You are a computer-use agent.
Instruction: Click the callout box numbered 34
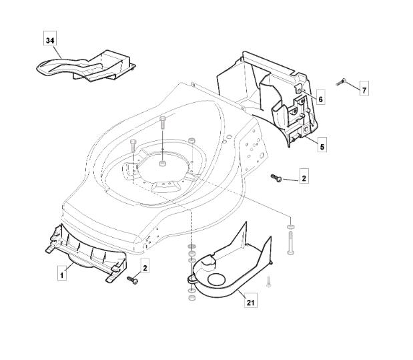[x=50, y=38]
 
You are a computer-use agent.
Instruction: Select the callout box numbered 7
[x=364, y=88]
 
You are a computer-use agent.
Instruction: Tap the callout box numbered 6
[x=320, y=97]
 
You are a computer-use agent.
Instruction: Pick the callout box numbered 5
[x=322, y=145]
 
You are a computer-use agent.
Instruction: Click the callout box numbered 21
[x=250, y=300]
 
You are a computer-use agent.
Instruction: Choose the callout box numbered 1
[x=62, y=273]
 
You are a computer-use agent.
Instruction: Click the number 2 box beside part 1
[x=145, y=265]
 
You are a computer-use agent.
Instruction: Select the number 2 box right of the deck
[x=304, y=176]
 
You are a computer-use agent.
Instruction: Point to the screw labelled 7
[x=341, y=82]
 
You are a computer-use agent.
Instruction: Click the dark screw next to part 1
[x=133, y=280]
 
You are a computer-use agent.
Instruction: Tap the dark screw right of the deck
[x=276, y=178]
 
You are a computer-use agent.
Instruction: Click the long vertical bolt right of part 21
[x=290, y=243]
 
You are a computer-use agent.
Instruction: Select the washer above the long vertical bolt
[x=290, y=226]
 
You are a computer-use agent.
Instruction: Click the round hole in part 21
[x=217, y=280]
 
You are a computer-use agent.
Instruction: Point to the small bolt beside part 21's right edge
[x=268, y=282]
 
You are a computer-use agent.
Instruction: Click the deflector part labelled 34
[x=87, y=66]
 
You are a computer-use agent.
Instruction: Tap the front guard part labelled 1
[x=87, y=254]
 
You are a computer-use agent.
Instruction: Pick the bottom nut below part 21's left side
[x=191, y=298]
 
